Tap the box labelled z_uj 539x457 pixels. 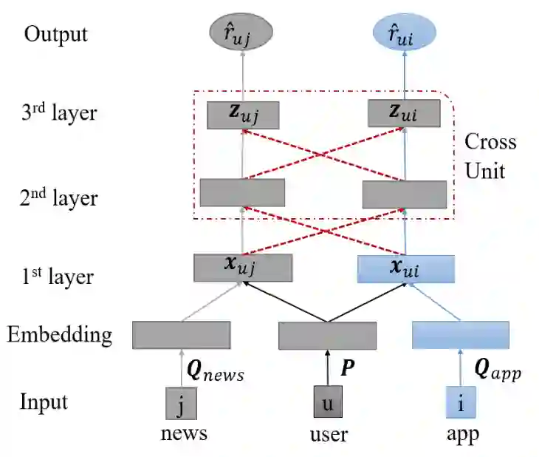(x=242, y=114)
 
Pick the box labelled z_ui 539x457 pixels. (x=404, y=114)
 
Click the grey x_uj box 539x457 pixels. (x=242, y=267)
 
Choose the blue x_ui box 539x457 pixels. (x=403, y=267)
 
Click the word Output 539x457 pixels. (x=55, y=33)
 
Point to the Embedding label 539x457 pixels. (x=60, y=334)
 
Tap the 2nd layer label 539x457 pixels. (x=59, y=197)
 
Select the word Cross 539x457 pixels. (x=490, y=141)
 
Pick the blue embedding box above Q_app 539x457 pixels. (x=461, y=335)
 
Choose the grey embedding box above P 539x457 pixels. (x=327, y=335)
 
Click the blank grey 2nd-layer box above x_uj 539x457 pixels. (x=242, y=192)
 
